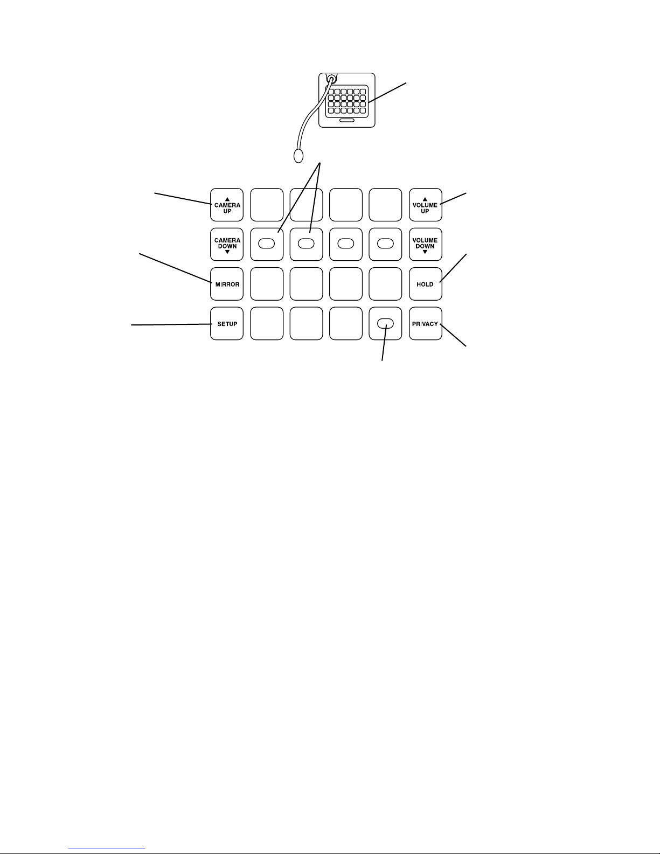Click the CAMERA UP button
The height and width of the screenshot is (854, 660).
pos(227,205)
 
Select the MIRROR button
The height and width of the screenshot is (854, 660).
pos(227,284)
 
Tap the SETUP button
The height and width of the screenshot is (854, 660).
pos(227,324)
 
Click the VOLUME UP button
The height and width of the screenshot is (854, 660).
pos(425,205)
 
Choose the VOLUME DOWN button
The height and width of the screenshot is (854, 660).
pos(425,244)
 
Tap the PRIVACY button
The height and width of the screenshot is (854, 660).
pos(425,324)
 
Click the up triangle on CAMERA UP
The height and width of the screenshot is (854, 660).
pos(227,199)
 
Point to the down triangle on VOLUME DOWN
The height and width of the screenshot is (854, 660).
pos(425,252)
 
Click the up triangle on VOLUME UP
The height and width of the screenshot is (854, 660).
pos(425,199)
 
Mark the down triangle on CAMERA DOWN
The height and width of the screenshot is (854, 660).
pos(227,252)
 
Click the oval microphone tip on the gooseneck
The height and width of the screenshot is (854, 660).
pos(298,156)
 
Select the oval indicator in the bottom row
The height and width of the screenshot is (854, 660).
pos(385,324)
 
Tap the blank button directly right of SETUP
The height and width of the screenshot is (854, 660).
pos(267,324)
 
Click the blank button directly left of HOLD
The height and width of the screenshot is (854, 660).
pos(385,284)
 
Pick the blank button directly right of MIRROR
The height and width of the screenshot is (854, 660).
pos(267,284)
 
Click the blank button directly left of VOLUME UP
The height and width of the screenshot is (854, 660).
pos(385,205)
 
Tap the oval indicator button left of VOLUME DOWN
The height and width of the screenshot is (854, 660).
pos(385,244)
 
